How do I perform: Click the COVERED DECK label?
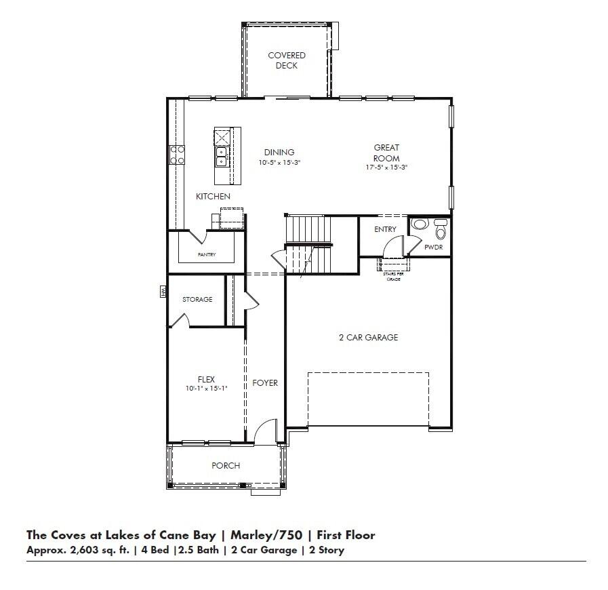(x=286, y=60)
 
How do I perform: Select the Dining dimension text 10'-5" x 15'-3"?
(x=279, y=163)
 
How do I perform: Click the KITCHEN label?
(x=213, y=197)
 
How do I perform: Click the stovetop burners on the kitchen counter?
(x=178, y=155)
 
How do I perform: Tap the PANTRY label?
(x=207, y=254)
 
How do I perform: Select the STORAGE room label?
(x=197, y=299)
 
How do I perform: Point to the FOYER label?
(x=265, y=382)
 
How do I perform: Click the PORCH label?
(x=226, y=466)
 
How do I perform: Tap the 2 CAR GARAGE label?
(x=368, y=337)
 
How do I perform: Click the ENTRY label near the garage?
(x=385, y=229)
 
